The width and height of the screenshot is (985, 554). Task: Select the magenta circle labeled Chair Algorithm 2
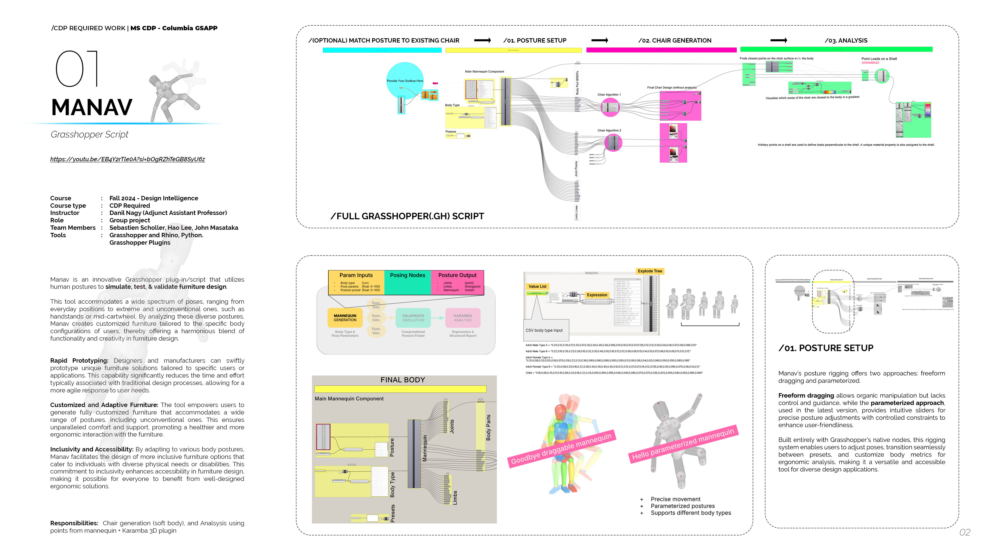613,143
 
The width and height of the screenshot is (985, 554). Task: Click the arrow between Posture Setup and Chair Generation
599,40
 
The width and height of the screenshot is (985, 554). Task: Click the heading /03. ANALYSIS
845,41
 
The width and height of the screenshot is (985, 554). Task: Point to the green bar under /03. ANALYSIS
836,49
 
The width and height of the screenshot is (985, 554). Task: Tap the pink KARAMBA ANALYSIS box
463,318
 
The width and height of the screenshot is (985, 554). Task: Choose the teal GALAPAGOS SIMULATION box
413,318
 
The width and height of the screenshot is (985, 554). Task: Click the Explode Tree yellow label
650,271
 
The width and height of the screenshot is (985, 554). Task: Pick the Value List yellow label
537,286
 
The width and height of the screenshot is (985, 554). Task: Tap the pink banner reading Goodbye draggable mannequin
561,449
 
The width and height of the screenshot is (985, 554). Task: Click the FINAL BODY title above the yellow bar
403,380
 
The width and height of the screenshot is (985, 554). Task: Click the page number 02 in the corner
964,532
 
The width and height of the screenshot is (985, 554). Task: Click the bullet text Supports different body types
691,513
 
